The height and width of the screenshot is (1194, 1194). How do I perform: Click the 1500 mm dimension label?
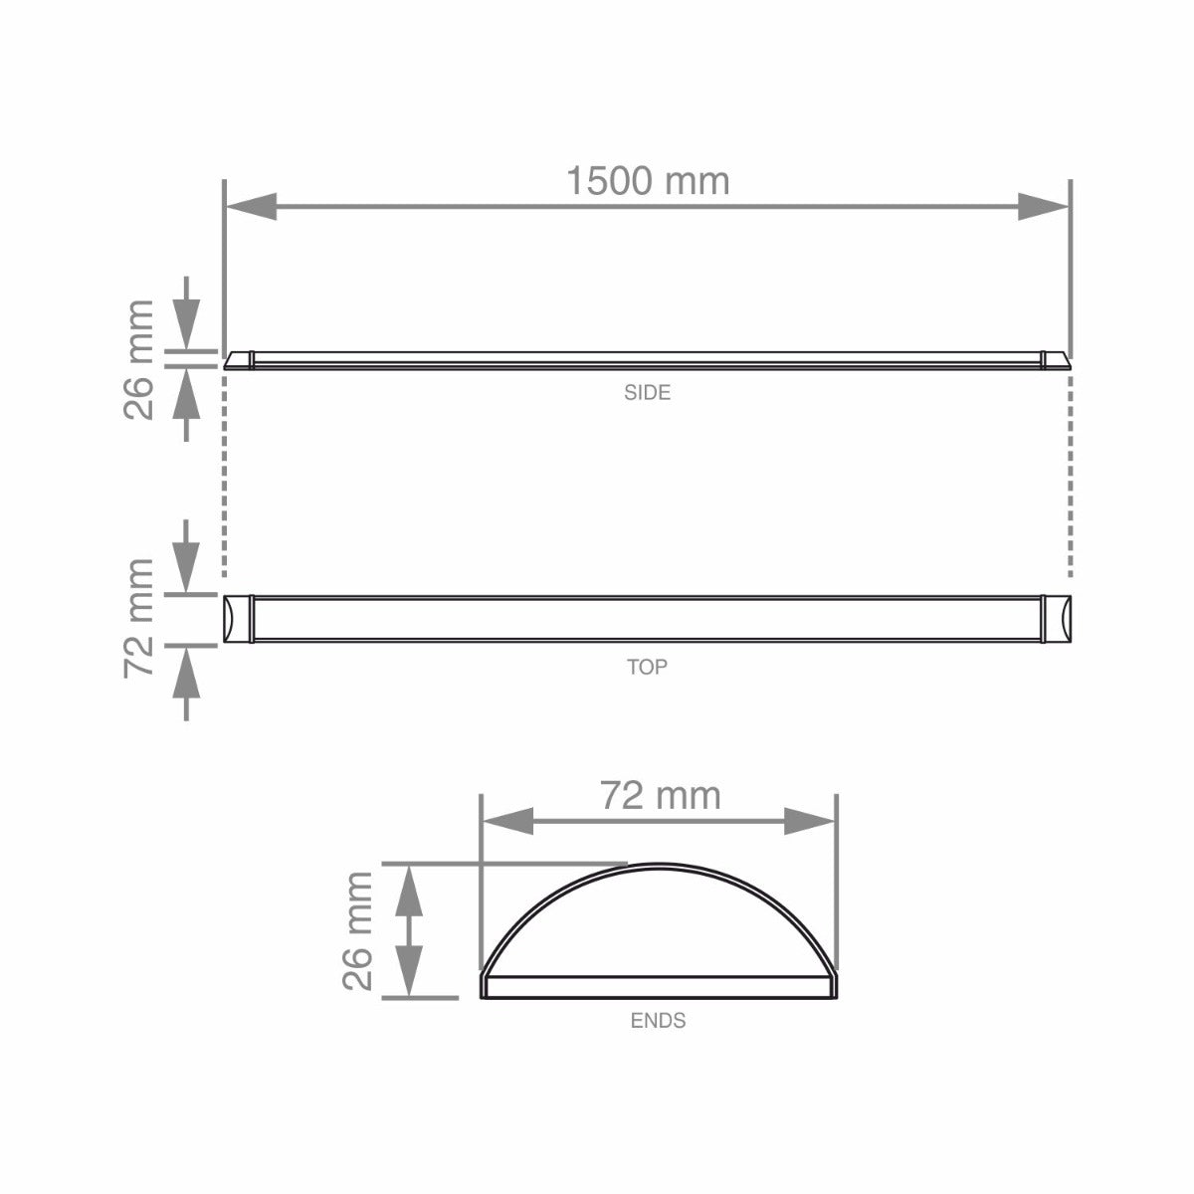click(x=648, y=181)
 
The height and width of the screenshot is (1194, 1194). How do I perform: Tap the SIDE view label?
click(x=647, y=393)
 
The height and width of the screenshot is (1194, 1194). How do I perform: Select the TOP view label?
click(x=647, y=668)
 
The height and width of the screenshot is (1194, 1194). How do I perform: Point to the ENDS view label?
click(x=658, y=1021)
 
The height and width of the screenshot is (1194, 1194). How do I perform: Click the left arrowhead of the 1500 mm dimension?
click(x=251, y=206)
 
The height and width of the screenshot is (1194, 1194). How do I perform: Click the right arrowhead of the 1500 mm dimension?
click(x=1044, y=206)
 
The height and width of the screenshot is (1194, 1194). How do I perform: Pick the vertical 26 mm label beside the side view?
click(x=138, y=360)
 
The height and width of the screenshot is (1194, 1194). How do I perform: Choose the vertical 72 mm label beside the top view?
click(x=138, y=618)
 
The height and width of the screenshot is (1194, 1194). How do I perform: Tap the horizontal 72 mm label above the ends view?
click(x=661, y=796)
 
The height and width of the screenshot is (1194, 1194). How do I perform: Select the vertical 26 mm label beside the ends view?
click(x=357, y=931)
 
